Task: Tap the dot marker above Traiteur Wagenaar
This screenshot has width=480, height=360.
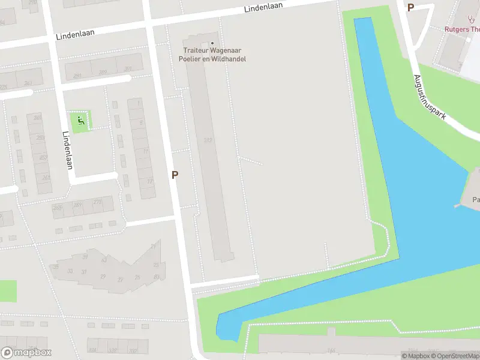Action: pyautogui.click(x=212, y=43)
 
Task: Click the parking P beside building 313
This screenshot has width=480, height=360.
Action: pyautogui.click(x=175, y=175)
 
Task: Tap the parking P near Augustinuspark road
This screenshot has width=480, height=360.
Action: pyautogui.click(x=410, y=7)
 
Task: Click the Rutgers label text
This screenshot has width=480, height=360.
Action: pyautogui.click(x=462, y=29)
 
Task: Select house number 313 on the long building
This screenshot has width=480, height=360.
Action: pyautogui.click(x=208, y=140)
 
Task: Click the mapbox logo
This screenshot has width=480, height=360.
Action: pyautogui.click(x=26, y=353)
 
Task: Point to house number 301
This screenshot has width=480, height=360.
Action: pyautogui.click(x=127, y=69)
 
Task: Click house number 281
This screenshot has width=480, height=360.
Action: pyautogui.click(x=77, y=76)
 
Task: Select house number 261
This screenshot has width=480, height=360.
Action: pyautogui.click(x=46, y=178)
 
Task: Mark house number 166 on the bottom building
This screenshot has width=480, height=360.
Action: pyautogui.click(x=331, y=350)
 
